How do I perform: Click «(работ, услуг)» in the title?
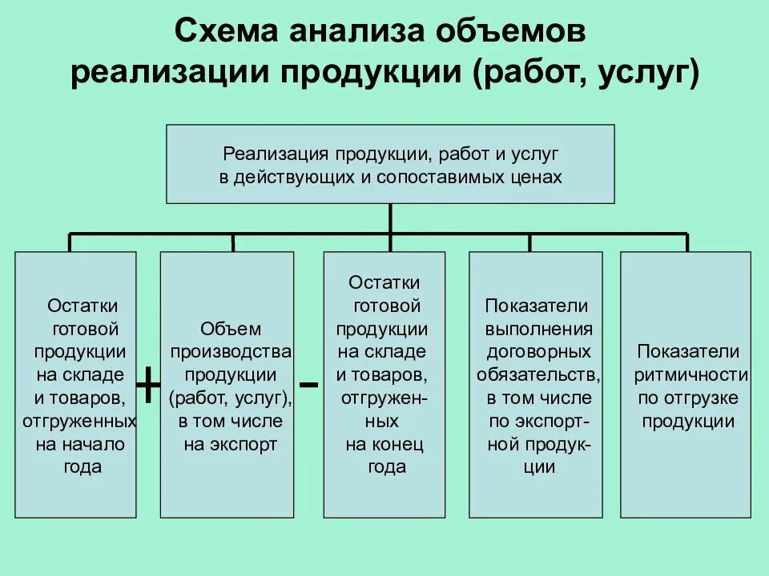[x=586, y=74]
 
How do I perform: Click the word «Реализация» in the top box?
[x=275, y=152]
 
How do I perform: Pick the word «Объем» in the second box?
[x=231, y=329]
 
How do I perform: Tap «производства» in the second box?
[x=231, y=352]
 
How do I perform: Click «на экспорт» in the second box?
[x=231, y=445]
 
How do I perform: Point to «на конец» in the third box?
[x=384, y=445]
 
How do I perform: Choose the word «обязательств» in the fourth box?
[x=536, y=375]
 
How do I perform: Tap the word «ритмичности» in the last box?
[x=690, y=375]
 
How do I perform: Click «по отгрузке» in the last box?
[x=688, y=398]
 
